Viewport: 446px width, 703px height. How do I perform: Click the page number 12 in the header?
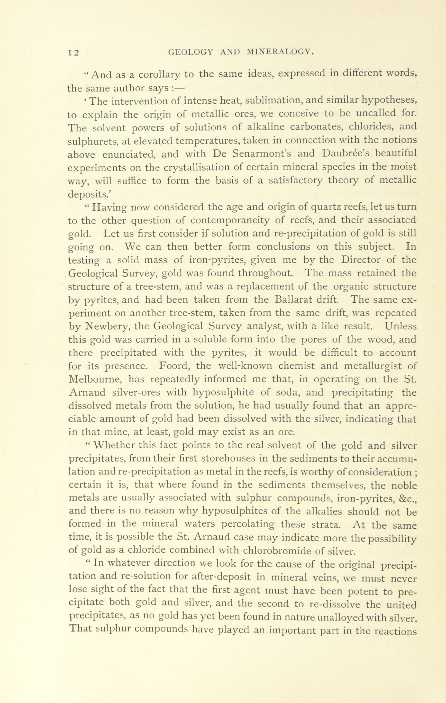click(x=73, y=52)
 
